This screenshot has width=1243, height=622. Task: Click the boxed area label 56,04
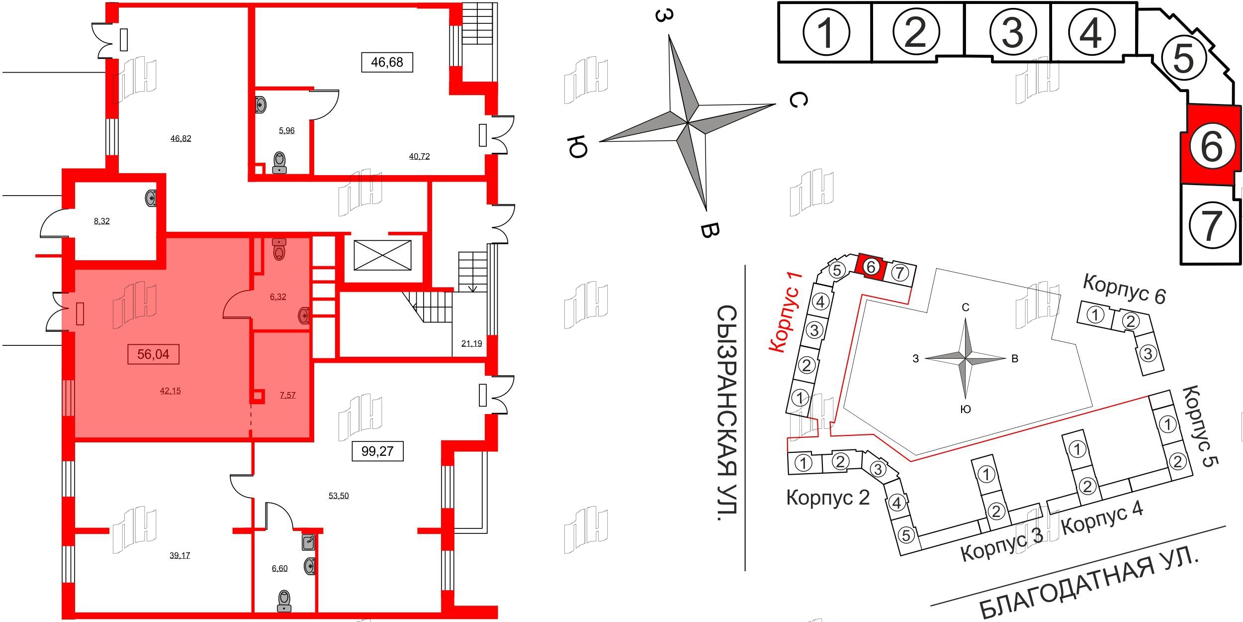tap(153, 354)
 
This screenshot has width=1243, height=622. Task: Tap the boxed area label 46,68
tap(387, 62)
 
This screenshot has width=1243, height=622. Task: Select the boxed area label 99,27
tap(377, 451)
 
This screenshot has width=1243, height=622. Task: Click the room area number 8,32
tap(102, 221)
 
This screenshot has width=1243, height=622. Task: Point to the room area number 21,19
tap(471, 343)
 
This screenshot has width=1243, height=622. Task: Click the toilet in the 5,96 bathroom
tap(280, 162)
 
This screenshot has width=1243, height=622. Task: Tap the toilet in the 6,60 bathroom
tap(284, 601)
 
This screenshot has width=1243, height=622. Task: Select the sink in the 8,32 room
tap(151, 198)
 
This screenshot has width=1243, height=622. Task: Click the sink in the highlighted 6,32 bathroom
tap(304, 315)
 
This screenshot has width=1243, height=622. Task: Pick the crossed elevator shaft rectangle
tap(382, 255)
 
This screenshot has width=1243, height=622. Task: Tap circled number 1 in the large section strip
tap(826, 32)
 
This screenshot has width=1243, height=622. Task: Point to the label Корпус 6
tap(1124, 289)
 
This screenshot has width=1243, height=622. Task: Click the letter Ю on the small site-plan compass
tap(965, 409)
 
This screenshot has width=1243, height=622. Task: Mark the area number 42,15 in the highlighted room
tap(170, 391)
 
